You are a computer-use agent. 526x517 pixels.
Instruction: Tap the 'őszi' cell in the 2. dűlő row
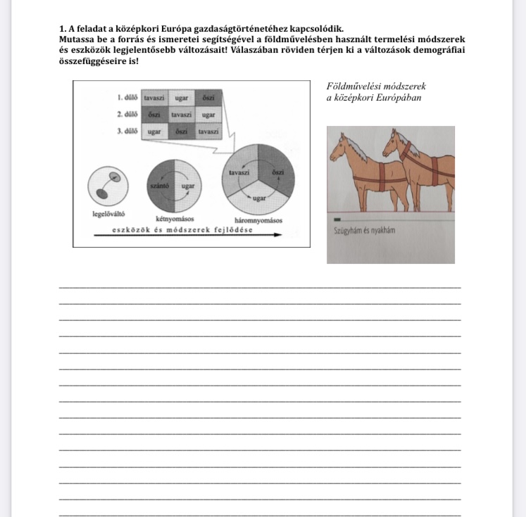[x=154, y=113]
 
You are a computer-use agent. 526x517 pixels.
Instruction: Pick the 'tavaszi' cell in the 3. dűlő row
[x=208, y=131]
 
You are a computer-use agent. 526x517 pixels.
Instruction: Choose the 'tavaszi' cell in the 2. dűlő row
[x=181, y=113]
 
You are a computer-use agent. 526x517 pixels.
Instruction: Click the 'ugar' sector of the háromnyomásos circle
[x=258, y=198]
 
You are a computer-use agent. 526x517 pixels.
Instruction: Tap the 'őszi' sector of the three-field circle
[x=277, y=172]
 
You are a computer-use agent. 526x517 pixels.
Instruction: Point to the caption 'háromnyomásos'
[x=258, y=219]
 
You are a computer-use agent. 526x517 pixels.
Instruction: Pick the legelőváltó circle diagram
[x=106, y=185]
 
